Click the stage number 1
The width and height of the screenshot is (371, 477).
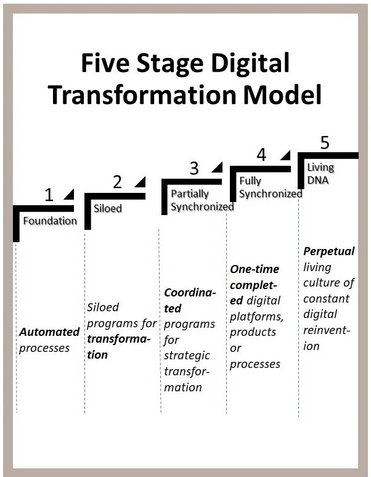pyautogui.click(x=49, y=195)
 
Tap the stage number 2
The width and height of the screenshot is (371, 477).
pyautogui.click(x=118, y=182)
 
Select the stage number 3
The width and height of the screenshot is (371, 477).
pyautogui.click(x=194, y=168)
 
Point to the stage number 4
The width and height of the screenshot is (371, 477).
pyautogui.click(x=261, y=155)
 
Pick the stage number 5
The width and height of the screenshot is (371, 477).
pyautogui.click(x=325, y=142)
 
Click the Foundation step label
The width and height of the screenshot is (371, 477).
pyautogui.click(x=50, y=221)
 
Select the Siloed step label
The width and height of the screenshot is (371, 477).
pyautogui.click(x=107, y=208)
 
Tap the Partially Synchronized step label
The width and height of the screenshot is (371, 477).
pyautogui.click(x=202, y=200)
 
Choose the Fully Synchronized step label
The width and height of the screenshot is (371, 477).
pyautogui.click(x=270, y=187)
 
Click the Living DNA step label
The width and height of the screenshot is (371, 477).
pyautogui.click(x=320, y=173)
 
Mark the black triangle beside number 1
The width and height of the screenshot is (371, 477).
pyautogui.click(x=69, y=194)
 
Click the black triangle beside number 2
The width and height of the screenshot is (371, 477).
pyautogui.click(x=140, y=181)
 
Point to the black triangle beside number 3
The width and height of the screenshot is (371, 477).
pyautogui.click(x=217, y=167)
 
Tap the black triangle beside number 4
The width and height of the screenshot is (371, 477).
pyautogui.click(x=284, y=154)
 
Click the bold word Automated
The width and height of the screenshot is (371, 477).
pyautogui.click(x=49, y=332)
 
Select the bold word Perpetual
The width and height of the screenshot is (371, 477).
pyautogui.click(x=329, y=251)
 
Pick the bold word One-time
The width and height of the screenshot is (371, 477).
pyautogui.click(x=254, y=269)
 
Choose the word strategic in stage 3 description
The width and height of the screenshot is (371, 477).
pyautogui.click(x=187, y=356)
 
